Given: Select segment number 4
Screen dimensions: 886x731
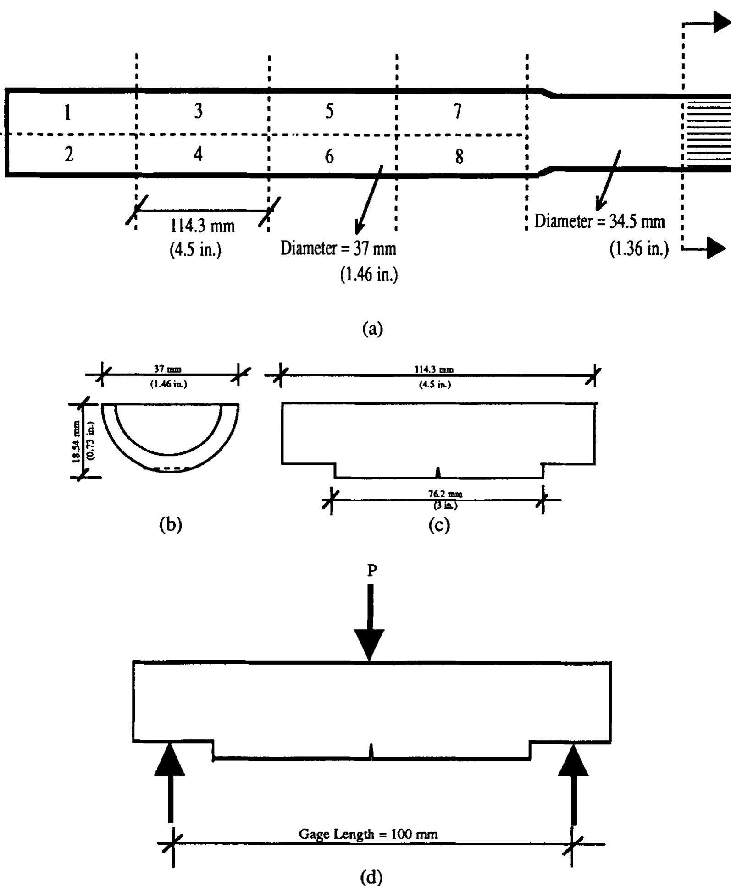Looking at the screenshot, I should tap(198, 154).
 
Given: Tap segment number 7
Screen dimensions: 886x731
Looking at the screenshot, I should tap(457, 111).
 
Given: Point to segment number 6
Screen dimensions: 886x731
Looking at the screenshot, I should tap(329, 157).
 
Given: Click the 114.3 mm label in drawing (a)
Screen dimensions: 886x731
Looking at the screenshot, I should tap(202, 226).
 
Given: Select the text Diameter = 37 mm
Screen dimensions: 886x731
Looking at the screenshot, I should tap(338, 248).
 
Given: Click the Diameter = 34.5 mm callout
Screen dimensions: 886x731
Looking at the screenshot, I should tap(599, 221).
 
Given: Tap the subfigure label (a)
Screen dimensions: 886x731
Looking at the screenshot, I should tap(372, 329).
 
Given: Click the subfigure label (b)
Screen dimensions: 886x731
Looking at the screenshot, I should tap(170, 524).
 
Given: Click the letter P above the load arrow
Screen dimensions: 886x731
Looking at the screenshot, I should tap(372, 571).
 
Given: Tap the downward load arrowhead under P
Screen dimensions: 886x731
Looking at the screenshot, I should tap(369, 644).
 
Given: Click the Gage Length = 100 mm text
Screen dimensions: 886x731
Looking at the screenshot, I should tap(368, 834).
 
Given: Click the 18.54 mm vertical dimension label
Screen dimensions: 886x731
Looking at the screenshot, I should tap(77, 441).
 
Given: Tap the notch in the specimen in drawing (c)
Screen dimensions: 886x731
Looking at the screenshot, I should tap(438, 472).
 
